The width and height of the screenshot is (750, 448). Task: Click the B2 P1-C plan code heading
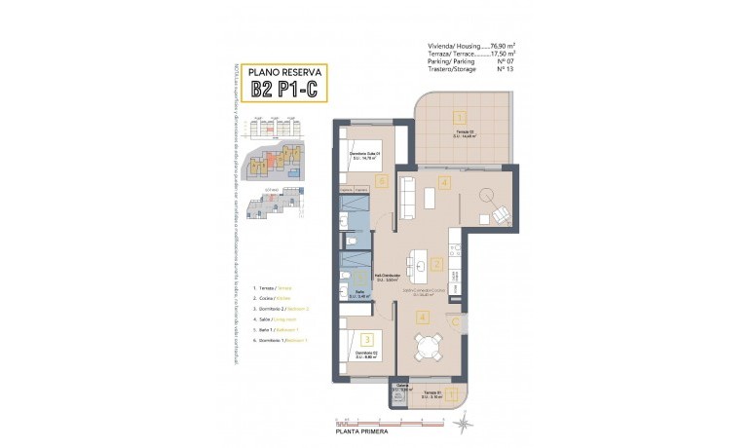(286, 91)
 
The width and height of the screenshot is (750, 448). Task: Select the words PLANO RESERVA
(286, 72)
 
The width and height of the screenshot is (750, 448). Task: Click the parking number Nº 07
(505, 62)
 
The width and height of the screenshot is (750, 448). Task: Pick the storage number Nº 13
(505, 70)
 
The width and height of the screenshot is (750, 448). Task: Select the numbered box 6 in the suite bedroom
(382, 181)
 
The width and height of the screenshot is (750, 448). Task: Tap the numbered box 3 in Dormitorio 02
(366, 339)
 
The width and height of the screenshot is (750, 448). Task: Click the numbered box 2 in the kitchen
(438, 264)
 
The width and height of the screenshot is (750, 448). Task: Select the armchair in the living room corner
(500, 214)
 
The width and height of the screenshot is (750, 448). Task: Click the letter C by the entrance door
(453, 322)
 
